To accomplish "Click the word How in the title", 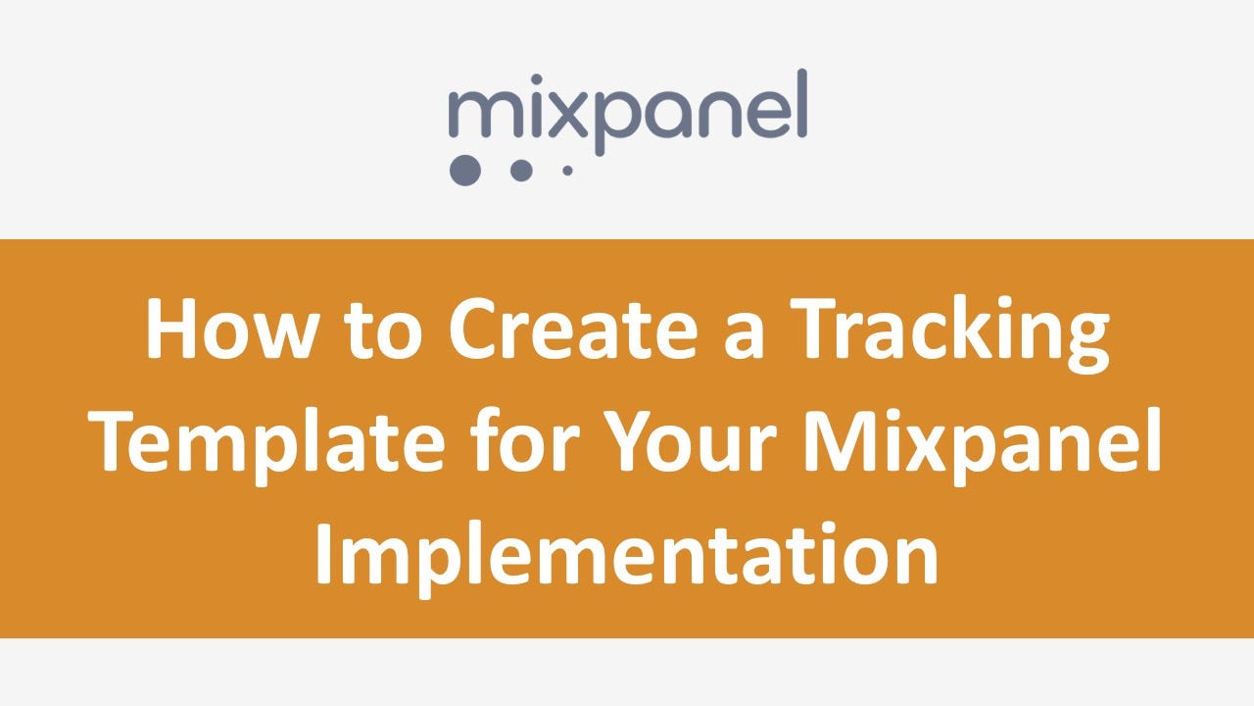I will pyautogui.click(x=227, y=329).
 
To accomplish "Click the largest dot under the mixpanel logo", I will pyautogui.click(x=465, y=169).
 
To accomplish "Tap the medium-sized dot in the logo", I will pyautogui.click(x=521, y=169).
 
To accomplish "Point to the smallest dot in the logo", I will pyautogui.click(x=567, y=170).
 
